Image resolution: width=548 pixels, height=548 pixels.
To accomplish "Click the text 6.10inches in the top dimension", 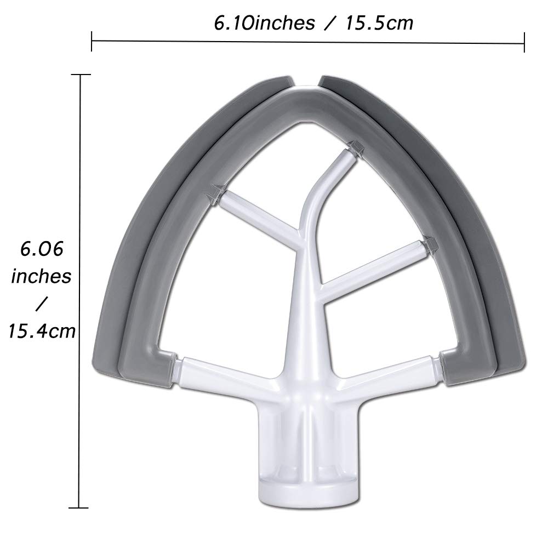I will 263,23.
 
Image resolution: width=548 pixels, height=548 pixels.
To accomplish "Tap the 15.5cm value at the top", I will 378,23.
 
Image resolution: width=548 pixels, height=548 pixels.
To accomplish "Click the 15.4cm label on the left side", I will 42,330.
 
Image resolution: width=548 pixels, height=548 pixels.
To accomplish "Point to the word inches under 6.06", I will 42,276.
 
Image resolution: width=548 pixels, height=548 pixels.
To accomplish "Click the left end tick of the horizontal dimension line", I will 92,42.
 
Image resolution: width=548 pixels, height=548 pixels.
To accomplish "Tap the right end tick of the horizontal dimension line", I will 525,42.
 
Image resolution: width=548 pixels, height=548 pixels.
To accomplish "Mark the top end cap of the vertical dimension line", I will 81,74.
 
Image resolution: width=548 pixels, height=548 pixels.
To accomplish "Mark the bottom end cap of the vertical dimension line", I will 81,507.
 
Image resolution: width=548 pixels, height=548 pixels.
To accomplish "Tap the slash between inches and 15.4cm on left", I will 43,303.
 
